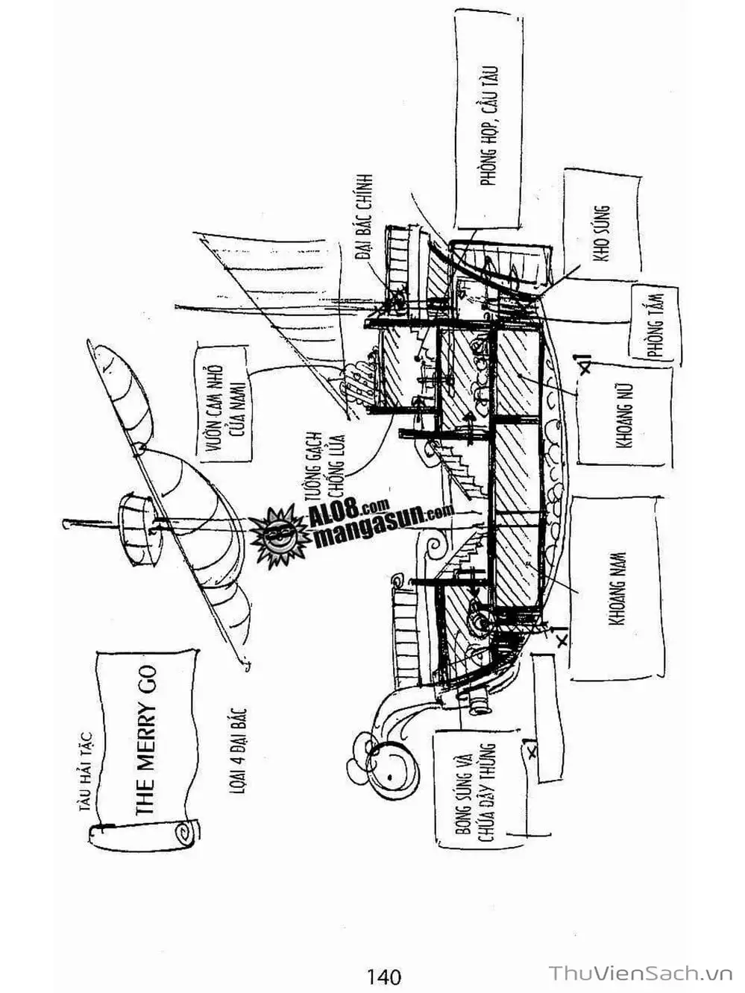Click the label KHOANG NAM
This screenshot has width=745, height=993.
click(x=618, y=589)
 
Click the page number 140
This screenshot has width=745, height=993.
click(x=384, y=976)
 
